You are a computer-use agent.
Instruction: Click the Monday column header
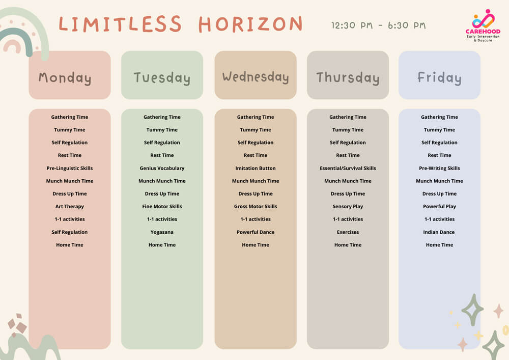point(65,78)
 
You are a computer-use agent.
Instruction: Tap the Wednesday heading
point(256,77)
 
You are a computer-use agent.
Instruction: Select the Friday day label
point(439,78)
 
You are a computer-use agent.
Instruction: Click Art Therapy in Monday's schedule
point(69,206)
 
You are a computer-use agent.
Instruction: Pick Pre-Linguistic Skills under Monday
point(69,168)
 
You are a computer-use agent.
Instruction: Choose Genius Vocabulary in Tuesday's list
point(162,168)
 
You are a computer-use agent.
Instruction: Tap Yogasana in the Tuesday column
point(162,232)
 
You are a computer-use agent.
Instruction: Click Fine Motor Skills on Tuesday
point(162,206)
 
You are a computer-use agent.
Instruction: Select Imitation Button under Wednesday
point(256,168)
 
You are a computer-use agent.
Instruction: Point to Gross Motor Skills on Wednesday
point(256,206)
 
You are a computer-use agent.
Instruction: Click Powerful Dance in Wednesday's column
point(256,232)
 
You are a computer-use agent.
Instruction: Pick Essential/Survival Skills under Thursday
point(348,168)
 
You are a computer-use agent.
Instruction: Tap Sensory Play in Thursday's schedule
point(348,206)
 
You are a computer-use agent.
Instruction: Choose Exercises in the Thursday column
point(348,232)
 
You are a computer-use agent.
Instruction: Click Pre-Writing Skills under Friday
point(439,168)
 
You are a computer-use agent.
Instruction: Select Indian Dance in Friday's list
point(439,232)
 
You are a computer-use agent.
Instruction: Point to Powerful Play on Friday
point(439,206)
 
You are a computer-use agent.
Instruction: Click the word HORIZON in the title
point(250,24)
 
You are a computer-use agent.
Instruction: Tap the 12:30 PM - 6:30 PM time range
point(378,25)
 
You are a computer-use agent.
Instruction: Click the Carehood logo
point(483,25)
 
